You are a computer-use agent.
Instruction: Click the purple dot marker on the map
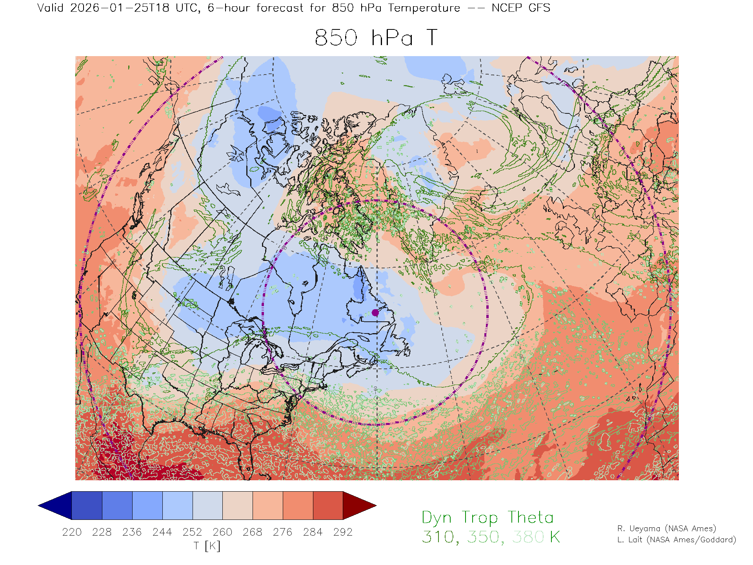pos(375,312)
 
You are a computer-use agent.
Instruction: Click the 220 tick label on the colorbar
pos(72,532)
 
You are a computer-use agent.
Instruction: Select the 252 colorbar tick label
pos(192,532)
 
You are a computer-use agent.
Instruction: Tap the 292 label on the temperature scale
pos(343,532)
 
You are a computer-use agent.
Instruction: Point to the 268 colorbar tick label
pos(253,532)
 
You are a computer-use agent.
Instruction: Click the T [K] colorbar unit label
pos(207,546)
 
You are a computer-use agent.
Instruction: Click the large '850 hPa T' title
pos(376,38)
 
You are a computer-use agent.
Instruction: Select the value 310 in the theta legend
pos(438,537)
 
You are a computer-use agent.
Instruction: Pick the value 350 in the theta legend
pos(483,537)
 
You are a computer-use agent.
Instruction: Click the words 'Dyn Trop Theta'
pos(487,518)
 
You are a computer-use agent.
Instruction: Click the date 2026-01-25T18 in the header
pos(120,8)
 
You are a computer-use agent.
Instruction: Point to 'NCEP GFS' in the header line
pos(521,8)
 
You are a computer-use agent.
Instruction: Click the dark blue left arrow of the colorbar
pos(55,505)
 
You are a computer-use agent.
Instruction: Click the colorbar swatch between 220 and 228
pos(87,505)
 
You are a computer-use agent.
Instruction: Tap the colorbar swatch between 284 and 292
pos(328,505)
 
